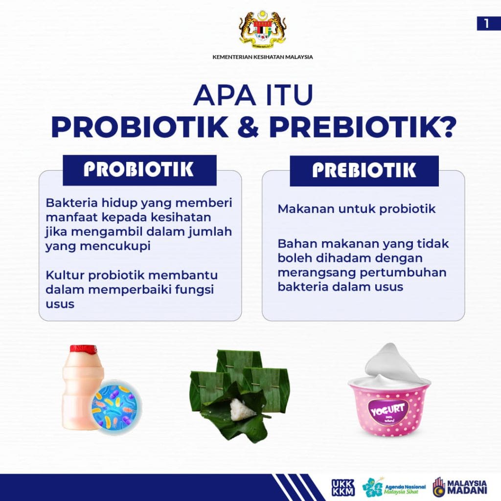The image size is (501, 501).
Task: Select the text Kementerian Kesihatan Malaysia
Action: click(263, 57)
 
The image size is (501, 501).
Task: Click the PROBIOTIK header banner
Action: click(139, 170)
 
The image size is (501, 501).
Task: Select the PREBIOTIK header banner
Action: click(364, 170)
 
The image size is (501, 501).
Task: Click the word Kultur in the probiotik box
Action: click(62, 275)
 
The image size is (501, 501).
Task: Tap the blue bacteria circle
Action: click(115, 407)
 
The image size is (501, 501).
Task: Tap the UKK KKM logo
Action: click(343, 487)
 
